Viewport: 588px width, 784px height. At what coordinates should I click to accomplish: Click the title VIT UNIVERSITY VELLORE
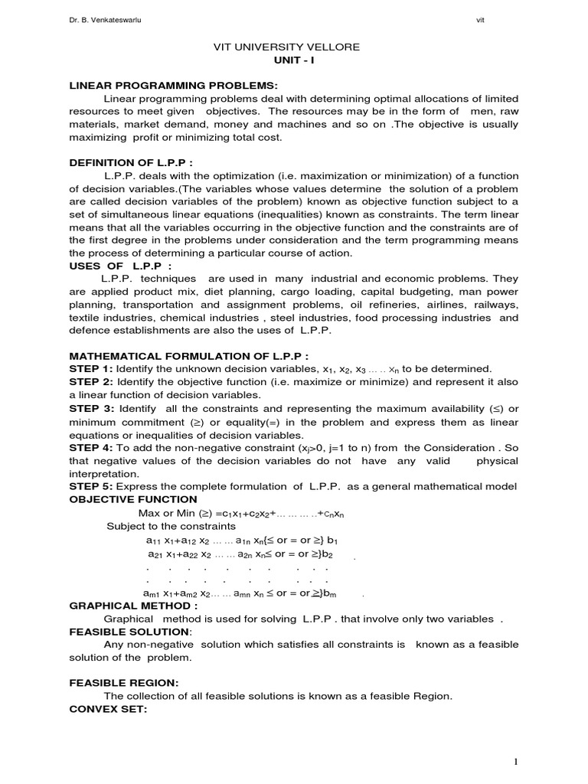(286, 47)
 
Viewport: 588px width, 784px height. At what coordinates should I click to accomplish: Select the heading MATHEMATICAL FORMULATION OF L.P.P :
(189, 356)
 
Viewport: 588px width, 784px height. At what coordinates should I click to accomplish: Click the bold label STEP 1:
(91, 368)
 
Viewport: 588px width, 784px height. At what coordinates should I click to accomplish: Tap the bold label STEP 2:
(91, 381)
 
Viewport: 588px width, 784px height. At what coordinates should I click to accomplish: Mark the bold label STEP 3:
(91, 408)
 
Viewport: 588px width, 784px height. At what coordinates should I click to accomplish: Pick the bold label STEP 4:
(91, 447)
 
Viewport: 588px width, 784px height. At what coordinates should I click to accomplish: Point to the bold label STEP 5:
(91, 487)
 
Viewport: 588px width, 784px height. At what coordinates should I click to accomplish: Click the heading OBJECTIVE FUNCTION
(133, 499)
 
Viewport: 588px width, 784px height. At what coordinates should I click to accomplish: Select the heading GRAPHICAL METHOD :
(134, 605)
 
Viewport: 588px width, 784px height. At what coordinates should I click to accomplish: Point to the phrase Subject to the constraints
(171, 527)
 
